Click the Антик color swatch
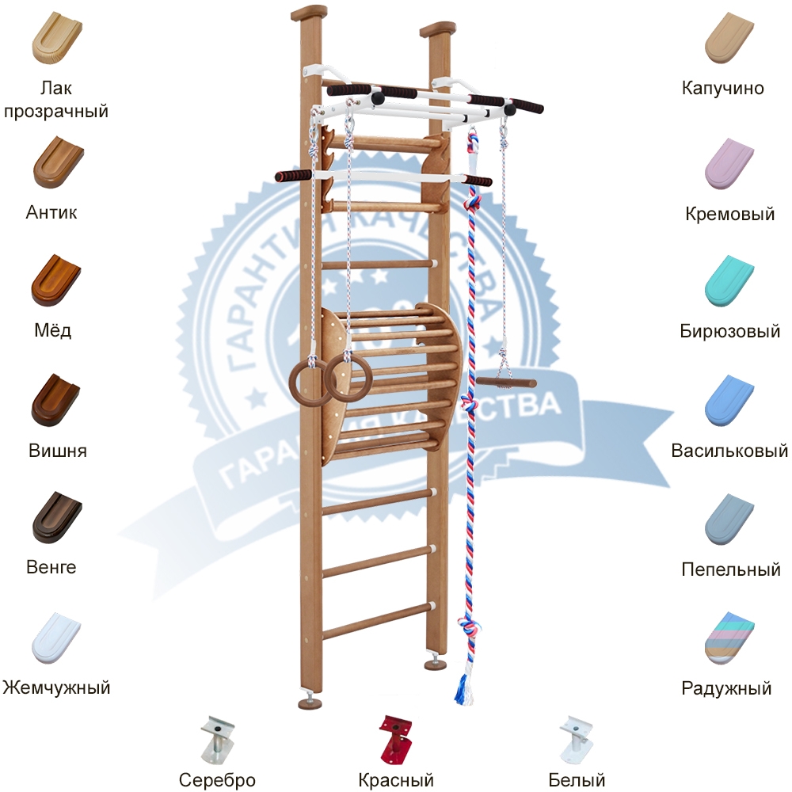pyautogui.click(x=56, y=162)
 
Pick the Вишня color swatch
pyautogui.click(x=56, y=400)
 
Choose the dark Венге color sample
pyautogui.click(x=56, y=517)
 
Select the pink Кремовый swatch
pyautogui.click(x=729, y=163)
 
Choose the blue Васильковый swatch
pyautogui.click(x=729, y=400)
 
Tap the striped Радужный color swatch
pyautogui.click(x=729, y=638)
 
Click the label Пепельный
pyautogui.click(x=731, y=569)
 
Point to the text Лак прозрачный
pyautogui.click(x=55, y=99)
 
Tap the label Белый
pyautogui.click(x=576, y=780)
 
